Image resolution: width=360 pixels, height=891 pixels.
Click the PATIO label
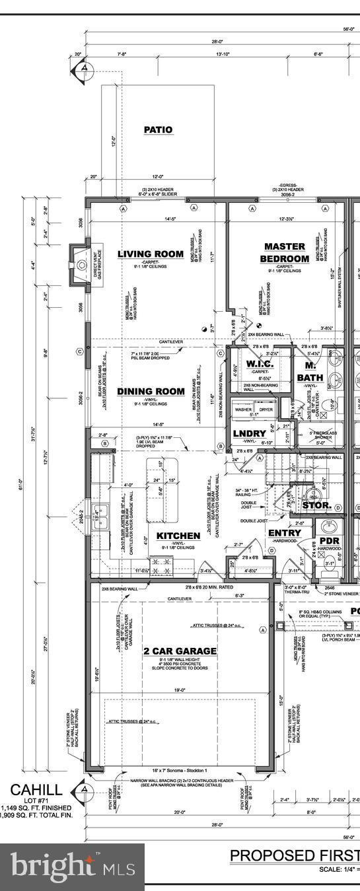[159, 130]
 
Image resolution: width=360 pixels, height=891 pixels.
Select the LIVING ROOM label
[151, 254]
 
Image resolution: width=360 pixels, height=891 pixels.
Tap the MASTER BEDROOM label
[284, 252]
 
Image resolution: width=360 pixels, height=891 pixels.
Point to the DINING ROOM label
[151, 392]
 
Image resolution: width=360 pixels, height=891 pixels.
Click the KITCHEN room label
[178, 536]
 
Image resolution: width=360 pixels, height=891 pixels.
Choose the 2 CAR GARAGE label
[180, 651]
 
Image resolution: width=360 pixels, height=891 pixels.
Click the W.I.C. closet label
[255, 364]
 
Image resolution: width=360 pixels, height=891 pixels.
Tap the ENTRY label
[285, 532]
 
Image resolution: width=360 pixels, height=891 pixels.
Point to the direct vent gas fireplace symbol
[81, 265]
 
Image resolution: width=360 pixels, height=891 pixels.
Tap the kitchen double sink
[100, 513]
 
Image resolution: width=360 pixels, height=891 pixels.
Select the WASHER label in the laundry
[242, 410]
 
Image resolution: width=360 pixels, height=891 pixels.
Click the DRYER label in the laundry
[266, 410]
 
